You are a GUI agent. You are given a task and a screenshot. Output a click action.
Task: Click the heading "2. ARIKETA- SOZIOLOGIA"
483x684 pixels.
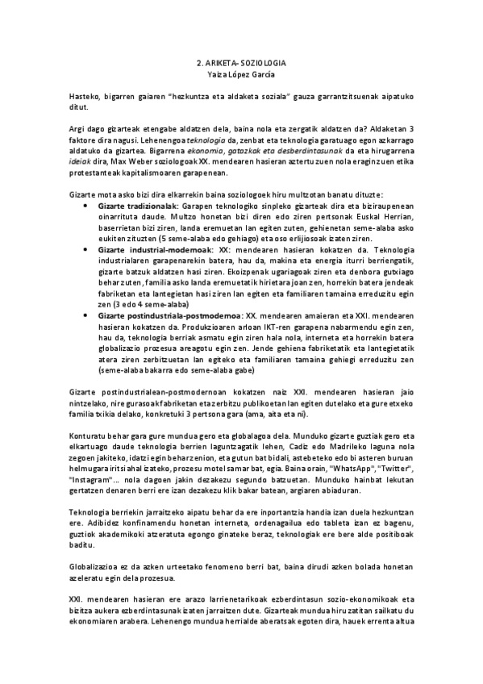(242, 61)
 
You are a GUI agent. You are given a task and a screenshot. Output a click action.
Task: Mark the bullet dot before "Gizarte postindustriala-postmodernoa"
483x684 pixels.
(86, 314)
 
